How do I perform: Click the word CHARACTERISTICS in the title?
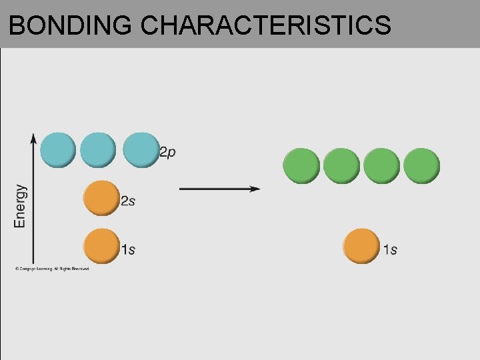coord(266,25)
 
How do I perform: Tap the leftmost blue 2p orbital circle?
coord(58,149)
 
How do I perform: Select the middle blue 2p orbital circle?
coord(98,149)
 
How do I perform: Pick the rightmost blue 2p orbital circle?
coord(141,149)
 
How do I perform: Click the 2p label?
coord(168,152)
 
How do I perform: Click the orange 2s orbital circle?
coord(101,198)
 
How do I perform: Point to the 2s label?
coord(127,201)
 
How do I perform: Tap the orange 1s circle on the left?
coord(101,246)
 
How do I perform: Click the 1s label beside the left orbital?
coord(128,249)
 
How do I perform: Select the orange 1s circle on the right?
coord(361,246)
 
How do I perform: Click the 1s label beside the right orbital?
coord(390,249)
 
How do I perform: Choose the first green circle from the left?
coord(301,166)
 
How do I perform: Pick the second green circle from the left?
coord(341,166)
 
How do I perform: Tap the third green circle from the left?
coord(381,166)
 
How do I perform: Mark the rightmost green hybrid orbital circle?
coord(421,166)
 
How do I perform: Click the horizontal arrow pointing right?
coord(220,189)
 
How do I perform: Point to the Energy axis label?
coord(20,206)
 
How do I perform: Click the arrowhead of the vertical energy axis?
coord(33,138)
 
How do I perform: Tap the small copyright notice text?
coord(52,269)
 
